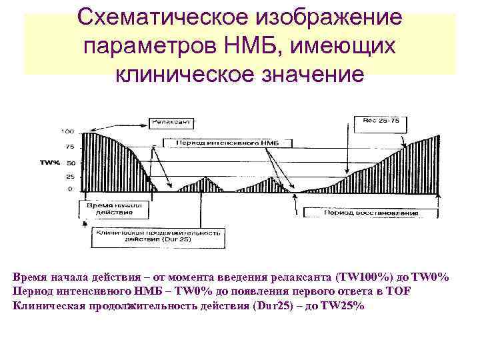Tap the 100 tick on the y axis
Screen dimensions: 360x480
[67, 131]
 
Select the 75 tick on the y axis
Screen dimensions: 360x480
[69, 147]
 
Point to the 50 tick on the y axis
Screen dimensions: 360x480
[70, 162]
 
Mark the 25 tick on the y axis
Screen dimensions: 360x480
[70, 177]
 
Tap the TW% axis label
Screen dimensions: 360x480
[50, 162]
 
